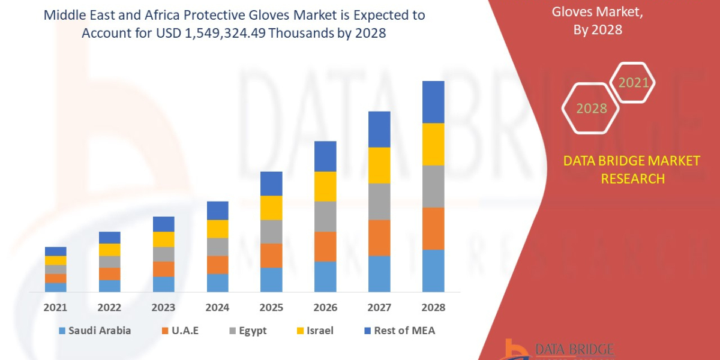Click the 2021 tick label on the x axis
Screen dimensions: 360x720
(x=56, y=307)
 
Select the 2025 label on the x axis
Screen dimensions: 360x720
(x=271, y=307)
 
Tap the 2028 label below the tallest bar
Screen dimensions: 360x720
(x=433, y=307)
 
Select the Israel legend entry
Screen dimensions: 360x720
(x=314, y=330)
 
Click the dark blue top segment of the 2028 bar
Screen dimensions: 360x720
(x=433, y=102)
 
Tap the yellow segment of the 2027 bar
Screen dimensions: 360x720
(x=379, y=165)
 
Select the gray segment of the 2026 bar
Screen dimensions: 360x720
(x=325, y=216)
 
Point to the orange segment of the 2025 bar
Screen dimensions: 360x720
(x=271, y=255)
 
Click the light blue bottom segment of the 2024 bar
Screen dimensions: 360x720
(x=217, y=283)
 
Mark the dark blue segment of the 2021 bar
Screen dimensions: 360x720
(x=56, y=251)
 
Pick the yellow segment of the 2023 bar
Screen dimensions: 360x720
(x=163, y=239)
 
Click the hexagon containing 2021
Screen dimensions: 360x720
(x=633, y=83)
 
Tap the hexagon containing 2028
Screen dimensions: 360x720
(x=592, y=109)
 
